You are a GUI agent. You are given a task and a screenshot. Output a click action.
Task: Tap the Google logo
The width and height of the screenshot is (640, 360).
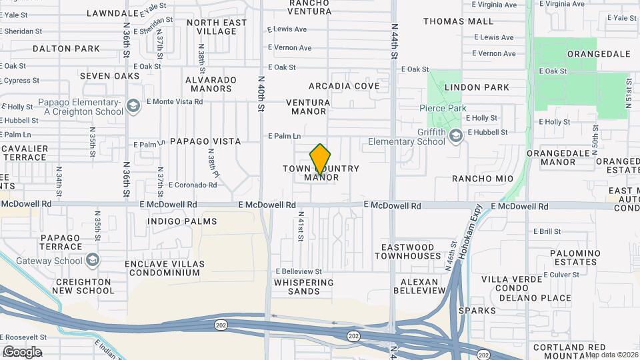pos(22,352)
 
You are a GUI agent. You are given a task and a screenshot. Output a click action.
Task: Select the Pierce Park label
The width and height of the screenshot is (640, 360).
pos(443,108)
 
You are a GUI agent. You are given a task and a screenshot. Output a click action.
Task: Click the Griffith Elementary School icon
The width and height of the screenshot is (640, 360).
pos(457,137)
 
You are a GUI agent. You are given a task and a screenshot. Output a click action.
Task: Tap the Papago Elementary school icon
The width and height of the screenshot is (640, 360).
pos(133,106)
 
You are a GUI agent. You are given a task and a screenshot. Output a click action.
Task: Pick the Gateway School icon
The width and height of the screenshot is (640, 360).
pos(93,260)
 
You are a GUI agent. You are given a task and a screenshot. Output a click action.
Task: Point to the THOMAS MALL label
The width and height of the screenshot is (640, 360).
pos(458,21)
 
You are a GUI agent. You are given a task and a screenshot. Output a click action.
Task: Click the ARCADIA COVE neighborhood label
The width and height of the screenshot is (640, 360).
pos(344,86)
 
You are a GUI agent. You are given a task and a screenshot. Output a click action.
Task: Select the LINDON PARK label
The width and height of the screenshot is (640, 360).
pos(477,87)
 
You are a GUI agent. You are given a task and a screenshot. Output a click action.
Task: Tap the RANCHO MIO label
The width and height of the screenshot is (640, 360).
pos(483,179)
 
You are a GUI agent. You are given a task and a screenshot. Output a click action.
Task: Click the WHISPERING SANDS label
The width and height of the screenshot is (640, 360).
pos(306,287)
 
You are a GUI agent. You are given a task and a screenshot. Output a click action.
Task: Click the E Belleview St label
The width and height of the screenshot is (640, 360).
pos(299,272)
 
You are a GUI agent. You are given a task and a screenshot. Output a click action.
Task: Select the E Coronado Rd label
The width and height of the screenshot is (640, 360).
pos(193,185)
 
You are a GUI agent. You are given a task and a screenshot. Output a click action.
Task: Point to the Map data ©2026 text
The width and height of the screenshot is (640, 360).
pos(611,355)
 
